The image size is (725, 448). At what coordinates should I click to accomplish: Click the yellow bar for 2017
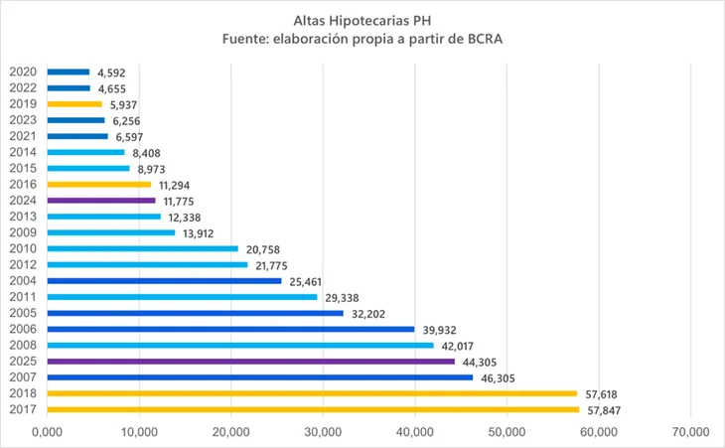(x=313, y=409)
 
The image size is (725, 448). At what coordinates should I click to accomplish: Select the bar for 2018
(x=312, y=393)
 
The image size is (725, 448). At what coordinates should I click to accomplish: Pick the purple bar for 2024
(x=101, y=201)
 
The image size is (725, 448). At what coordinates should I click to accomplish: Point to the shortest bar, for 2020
(x=69, y=72)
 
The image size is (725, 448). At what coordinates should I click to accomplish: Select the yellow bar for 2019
(x=74, y=103)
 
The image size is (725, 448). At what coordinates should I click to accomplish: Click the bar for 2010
(x=143, y=248)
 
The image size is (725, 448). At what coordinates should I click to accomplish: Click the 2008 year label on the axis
(x=23, y=346)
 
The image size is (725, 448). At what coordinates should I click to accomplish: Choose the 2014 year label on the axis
(x=23, y=152)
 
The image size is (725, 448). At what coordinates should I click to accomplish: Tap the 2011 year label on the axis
(x=23, y=297)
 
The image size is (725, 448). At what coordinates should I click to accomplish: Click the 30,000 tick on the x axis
(x=323, y=431)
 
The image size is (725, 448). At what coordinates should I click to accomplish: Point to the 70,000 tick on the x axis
(x=689, y=431)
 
